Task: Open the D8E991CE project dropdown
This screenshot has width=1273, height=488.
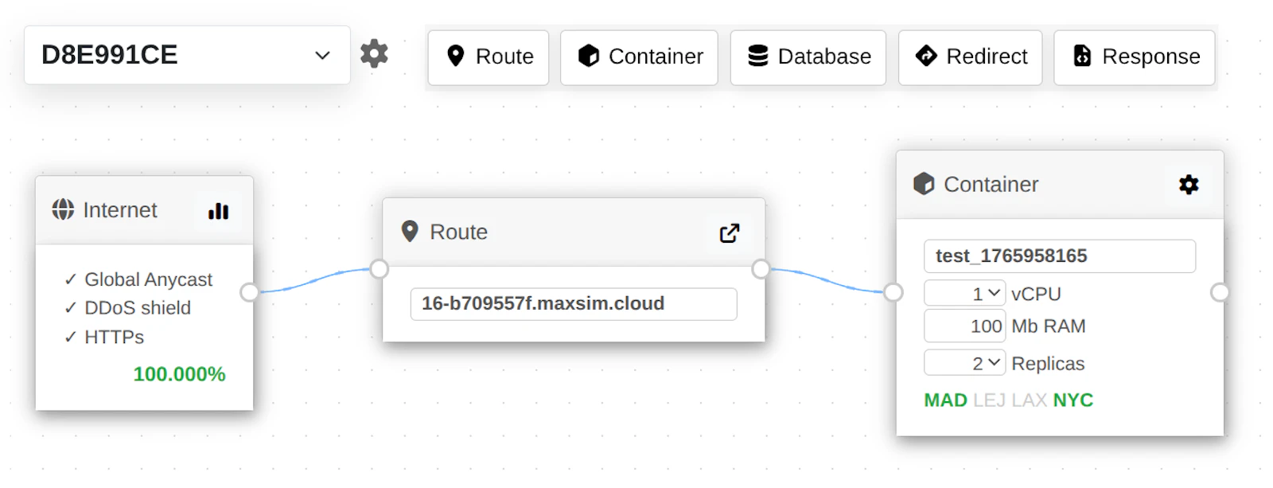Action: [x=187, y=55]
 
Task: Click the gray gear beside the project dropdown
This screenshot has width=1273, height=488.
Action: [x=374, y=53]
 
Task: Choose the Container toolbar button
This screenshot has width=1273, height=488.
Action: [x=640, y=57]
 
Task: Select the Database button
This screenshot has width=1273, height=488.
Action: [x=808, y=57]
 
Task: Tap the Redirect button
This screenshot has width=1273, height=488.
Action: [x=970, y=57]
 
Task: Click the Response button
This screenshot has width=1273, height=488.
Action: [x=1135, y=57]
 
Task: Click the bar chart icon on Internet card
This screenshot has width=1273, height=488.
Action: [x=218, y=211]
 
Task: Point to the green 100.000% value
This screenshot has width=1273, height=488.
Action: [x=179, y=374]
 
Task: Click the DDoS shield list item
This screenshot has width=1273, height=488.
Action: [x=138, y=308]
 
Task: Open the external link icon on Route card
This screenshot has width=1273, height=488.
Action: [x=730, y=232]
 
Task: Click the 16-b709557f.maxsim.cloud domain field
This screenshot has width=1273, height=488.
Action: [x=574, y=304]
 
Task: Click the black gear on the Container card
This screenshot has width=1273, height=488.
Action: [x=1189, y=184]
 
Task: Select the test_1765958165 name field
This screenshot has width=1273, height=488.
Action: [x=1059, y=256]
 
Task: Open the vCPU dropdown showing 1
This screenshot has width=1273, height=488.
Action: [x=964, y=294]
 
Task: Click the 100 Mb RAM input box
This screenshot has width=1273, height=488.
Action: [x=964, y=326]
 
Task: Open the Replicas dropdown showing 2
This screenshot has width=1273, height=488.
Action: [x=964, y=363]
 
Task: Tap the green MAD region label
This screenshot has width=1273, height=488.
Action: [x=946, y=400]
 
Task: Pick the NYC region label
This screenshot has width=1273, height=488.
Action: [x=1073, y=400]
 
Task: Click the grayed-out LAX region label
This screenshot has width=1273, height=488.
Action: [x=1030, y=400]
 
